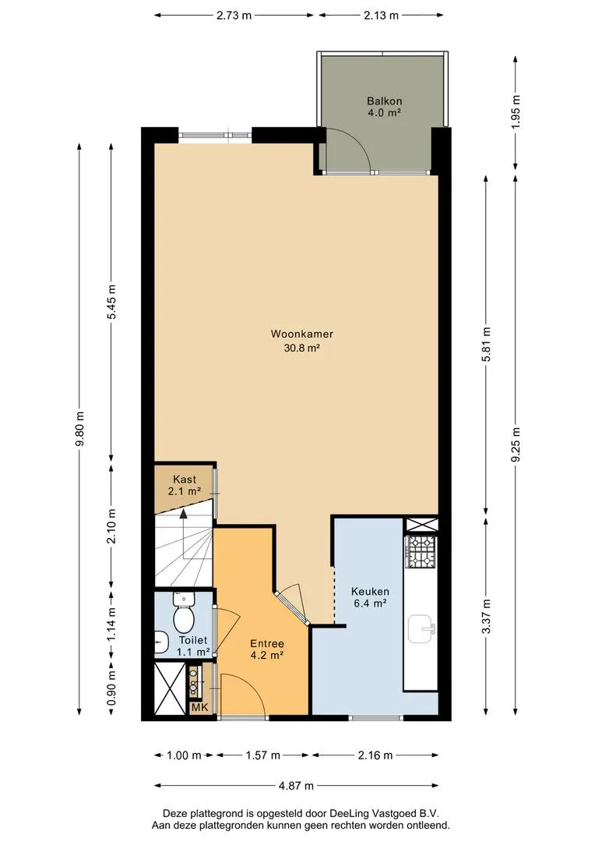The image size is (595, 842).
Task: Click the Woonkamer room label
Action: point(301,334)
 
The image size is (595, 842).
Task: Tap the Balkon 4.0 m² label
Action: point(384,106)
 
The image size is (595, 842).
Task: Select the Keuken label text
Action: point(370,591)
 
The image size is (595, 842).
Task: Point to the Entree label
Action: point(267,643)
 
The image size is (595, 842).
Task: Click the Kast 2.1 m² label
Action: point(184,485)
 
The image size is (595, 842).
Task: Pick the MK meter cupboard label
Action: point(199,707)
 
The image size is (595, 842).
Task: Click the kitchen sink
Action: point(422,629)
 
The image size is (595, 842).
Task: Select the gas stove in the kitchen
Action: point(421,552)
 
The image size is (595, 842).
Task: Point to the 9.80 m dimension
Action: point(80,429)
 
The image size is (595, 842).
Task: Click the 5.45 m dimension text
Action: point(111,302)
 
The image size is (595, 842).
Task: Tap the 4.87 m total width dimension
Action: point(296,786)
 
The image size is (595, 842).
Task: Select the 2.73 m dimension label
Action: point(234,15)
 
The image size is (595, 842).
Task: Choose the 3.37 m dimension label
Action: point(486,616)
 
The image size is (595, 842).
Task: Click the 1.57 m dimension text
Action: point(263,755)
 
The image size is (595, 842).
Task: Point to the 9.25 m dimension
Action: point(516,444)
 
